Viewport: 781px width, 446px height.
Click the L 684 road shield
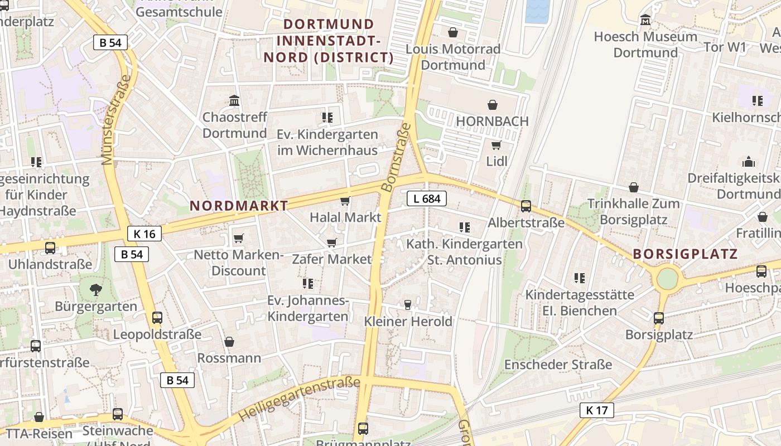(427, 198)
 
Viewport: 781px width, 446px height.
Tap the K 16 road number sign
(144, 234)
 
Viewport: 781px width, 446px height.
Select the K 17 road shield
(596, 411)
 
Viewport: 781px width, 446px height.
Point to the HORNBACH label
(492, 121)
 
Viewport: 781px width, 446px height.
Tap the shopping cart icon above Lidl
(496, 146)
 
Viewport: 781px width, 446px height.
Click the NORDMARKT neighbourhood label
(239, 206)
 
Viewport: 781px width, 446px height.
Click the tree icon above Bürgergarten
(96, 289)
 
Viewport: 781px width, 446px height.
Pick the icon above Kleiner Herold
(408, 305)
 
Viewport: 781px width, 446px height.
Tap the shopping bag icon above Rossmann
(229, 342)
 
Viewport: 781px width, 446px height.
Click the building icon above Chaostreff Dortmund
(234, 101)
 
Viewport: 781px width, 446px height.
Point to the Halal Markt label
(345, 217)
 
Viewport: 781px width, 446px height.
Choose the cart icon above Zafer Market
(331, 243)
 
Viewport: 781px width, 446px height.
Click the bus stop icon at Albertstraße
(526, 206)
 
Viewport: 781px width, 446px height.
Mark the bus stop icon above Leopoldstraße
(157, 318)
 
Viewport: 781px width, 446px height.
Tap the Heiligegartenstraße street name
(299, 399)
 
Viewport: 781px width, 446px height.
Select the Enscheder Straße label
(558, 365)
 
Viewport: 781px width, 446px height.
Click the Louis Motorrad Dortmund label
(453, 57)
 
